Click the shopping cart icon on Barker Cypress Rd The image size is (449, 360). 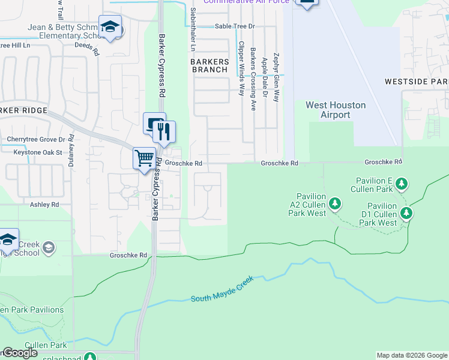pos(144,159)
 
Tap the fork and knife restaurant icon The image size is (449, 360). pos(164,131)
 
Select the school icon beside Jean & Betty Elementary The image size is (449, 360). pos(110,27)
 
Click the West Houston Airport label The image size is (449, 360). pos(327,110)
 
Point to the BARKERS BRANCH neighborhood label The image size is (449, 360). pos(209,65)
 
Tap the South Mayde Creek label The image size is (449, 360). pos(221,290)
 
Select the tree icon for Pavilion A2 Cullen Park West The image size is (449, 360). pos(335,204)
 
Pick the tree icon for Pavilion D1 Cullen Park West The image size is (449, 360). pos(406,212)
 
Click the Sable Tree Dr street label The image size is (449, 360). pos(235,26)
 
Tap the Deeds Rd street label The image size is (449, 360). pos(86,49)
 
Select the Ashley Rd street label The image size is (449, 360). pos(44,205)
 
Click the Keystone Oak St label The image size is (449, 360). pos(38,152)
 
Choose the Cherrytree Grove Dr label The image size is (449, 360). pos(35,139)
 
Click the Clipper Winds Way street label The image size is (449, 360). pos(241,68)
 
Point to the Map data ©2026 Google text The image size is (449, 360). pos(412,355)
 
